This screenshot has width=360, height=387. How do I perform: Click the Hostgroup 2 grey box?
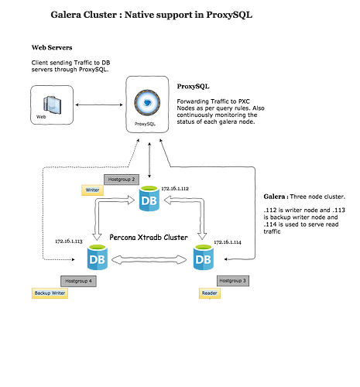pos(122,180)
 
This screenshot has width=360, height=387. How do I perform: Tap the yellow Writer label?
pos(92,190)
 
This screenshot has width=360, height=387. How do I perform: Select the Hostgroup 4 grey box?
pos(78,281)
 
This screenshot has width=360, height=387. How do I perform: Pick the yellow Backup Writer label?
pos(50,293)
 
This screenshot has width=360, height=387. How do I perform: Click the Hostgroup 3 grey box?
pos(233,281)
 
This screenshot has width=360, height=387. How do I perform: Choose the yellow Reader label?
pos(210,293)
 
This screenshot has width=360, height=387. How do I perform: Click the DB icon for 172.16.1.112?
pos(149,198)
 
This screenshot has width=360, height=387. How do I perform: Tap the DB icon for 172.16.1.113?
pos(98,257)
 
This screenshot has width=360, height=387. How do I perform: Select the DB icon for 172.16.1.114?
pos(204,257)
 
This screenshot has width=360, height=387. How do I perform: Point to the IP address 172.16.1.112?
pos(175,189)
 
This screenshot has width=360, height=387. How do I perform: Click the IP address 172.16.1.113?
pos(69,241)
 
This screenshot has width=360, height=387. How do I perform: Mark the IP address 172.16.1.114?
pos(228,242)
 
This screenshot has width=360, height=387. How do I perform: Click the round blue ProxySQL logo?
pos(147,102)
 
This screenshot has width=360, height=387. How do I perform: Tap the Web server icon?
pos(53,104)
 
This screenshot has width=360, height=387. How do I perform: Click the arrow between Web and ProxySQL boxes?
pos(99,104)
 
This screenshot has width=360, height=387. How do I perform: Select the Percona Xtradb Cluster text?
pos(149,238)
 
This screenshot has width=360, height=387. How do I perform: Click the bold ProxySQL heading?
pos(193,87)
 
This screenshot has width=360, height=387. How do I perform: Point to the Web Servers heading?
pos(52,47)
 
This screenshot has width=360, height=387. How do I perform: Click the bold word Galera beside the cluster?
pos(274,197)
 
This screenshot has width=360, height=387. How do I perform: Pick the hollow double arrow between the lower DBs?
pos(149,260)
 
